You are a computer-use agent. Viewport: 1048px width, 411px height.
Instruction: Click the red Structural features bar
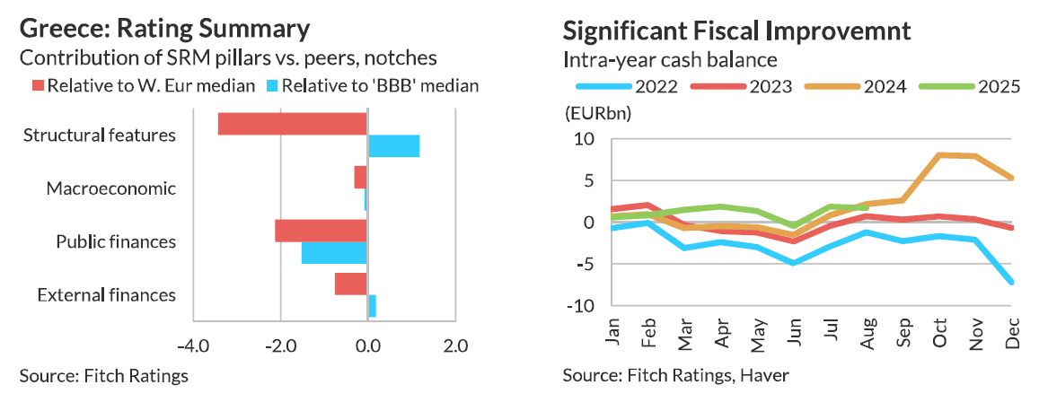click(x=293, y=124)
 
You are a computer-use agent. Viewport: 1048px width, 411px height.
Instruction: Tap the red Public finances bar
click(x=321, y=231)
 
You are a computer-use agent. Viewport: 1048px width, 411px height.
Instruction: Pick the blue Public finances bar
click(x=334, y=252)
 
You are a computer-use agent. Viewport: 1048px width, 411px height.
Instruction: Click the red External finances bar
click(x=351, y=284)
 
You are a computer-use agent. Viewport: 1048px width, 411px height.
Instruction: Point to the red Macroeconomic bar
click(x=361, y=177)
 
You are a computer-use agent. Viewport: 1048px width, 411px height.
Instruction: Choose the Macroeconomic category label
click(x=110, y=189)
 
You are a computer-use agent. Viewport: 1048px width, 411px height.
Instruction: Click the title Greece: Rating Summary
click(x=164, y=29)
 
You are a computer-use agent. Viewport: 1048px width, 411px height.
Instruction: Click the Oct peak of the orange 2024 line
click(x=938, y=155)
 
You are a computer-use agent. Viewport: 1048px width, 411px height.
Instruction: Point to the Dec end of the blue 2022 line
click(x=1012, y=282)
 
